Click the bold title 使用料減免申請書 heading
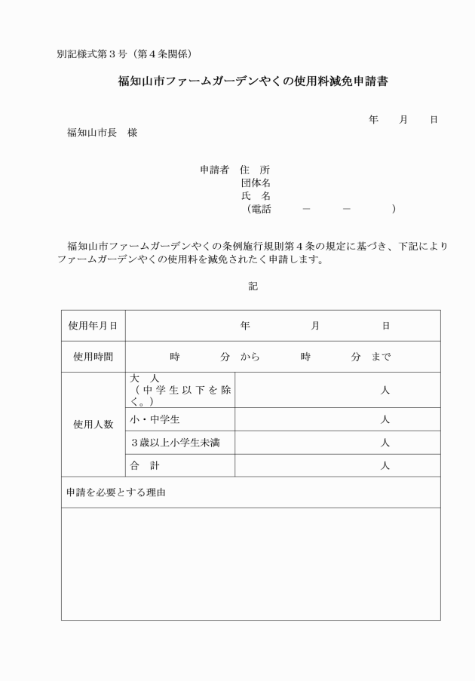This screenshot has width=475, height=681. pyautogui.click(x=253, y=81)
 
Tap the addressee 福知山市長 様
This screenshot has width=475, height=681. pyautogui.click(x=102, y=133)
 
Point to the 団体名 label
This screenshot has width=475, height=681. pyautogui.click(x=256, y=183)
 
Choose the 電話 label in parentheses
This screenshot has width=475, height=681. pyautogui.click(x=259, y=209)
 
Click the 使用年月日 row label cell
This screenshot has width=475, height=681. pyautogui.click(x=93, y=326)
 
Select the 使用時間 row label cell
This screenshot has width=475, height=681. pyautogui.click(x=93, y=357)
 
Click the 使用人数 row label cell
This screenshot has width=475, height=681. pyautogui.click(x=93, y=424)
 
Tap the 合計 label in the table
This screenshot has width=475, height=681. pyautogui.click(x=145, y=465)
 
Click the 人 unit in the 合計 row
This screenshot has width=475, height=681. pyautogui.click(x=385, y=465)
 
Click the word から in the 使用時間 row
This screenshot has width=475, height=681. pyautogui.click(x=250, y=357)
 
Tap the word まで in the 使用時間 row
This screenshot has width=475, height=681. pyautogui.click(x=381, y=357)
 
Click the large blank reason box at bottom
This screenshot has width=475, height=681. pyautogui.click(x=250, y=563)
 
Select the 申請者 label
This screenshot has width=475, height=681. pyautogui.click(x=214, y=170)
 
